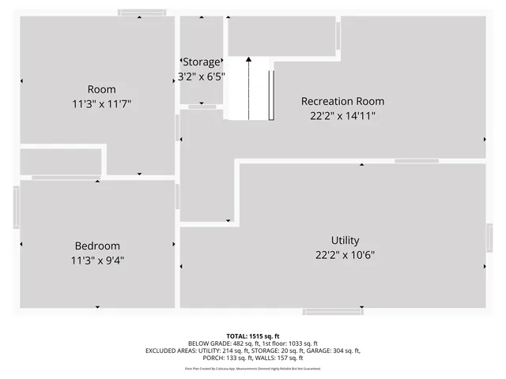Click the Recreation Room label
pos(342,101)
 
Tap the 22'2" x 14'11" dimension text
pos(342,115)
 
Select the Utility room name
pos(345,241)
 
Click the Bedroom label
pos(97,246)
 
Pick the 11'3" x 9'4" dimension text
pos(97,260)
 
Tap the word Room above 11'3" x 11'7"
pos(101,89)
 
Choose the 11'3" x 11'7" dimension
pos(101,103)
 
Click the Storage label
pos(202,62)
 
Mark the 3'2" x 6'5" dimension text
pos(202,77)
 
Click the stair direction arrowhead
pos(248,58)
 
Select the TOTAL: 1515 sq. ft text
pos(253,336)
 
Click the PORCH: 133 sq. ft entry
pos(222,358)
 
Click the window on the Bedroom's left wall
pos(16,208)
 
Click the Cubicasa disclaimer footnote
pos(253,368)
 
